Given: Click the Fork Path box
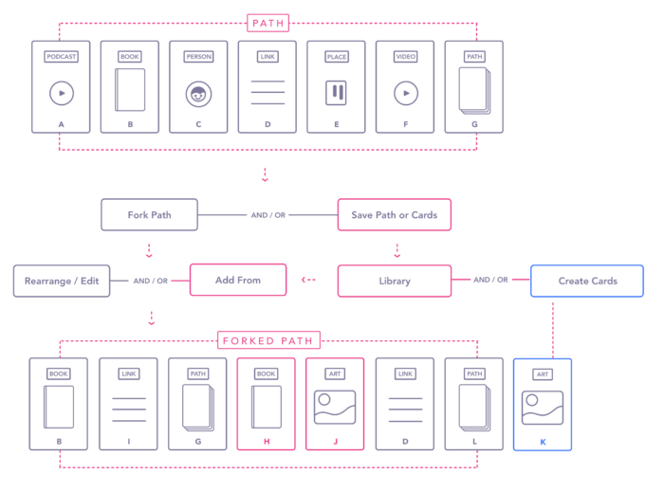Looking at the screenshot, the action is [x=149, y=215].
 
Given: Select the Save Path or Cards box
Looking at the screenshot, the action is [x=395, y=215].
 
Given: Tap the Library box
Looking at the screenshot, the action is [x=395, y=281].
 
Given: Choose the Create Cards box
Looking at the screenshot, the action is [x=587, y=281].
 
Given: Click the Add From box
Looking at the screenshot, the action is [x=238, y=280].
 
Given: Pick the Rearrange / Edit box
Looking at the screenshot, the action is [x=62, y=281].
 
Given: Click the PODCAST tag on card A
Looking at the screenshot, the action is [x=62, y=57].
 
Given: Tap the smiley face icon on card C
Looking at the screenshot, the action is [x=198, y=94].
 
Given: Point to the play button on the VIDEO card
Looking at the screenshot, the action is [x=406, y=93].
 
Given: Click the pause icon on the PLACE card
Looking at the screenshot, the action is [x=336, y=93].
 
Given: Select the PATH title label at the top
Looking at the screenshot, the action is [x=268, y=23].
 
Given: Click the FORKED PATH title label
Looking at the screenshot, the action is [x=268, y=340].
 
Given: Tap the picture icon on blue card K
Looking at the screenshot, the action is [x=543, y=408].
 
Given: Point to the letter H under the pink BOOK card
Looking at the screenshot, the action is [x=267, y=442].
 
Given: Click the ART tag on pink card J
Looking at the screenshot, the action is [x=335, y=374].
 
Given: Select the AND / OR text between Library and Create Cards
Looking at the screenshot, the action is [x=490, y=280].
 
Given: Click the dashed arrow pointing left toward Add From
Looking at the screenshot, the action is [x=308, y=280].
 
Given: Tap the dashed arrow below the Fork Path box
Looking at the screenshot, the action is [x=149, y=250].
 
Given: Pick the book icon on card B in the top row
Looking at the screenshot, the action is [x=130, y=90].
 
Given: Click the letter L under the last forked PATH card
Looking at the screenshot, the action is [x=474, y=442].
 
